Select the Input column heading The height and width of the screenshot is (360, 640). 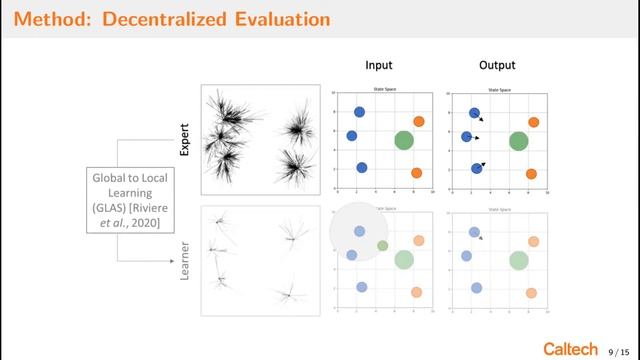tap(378, 65)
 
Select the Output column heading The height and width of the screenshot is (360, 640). tap(497, 65)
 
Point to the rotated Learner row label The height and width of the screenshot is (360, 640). tap(184, 258)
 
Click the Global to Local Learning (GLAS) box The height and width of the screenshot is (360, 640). tap(125, 201)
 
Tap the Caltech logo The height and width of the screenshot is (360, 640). tap(572, 345)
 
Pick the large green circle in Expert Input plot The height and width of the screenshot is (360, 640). tap(403, 141)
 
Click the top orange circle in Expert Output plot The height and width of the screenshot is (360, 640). tap(534, 122)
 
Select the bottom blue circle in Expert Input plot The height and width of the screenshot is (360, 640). tap(361, 168)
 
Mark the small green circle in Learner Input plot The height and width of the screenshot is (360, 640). tap(382, 245)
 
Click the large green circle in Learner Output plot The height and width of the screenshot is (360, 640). tap(518, 260)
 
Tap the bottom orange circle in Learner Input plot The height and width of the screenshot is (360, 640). tap(418, 293)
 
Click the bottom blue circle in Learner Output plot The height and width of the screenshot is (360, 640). tap(477, 288)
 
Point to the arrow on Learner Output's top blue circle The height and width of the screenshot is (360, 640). tap(482, 238)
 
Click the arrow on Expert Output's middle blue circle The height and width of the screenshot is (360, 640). tap(477, 137)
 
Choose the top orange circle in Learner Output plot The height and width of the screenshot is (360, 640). tap(534, 241)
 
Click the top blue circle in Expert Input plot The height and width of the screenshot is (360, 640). tap(359, 113)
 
